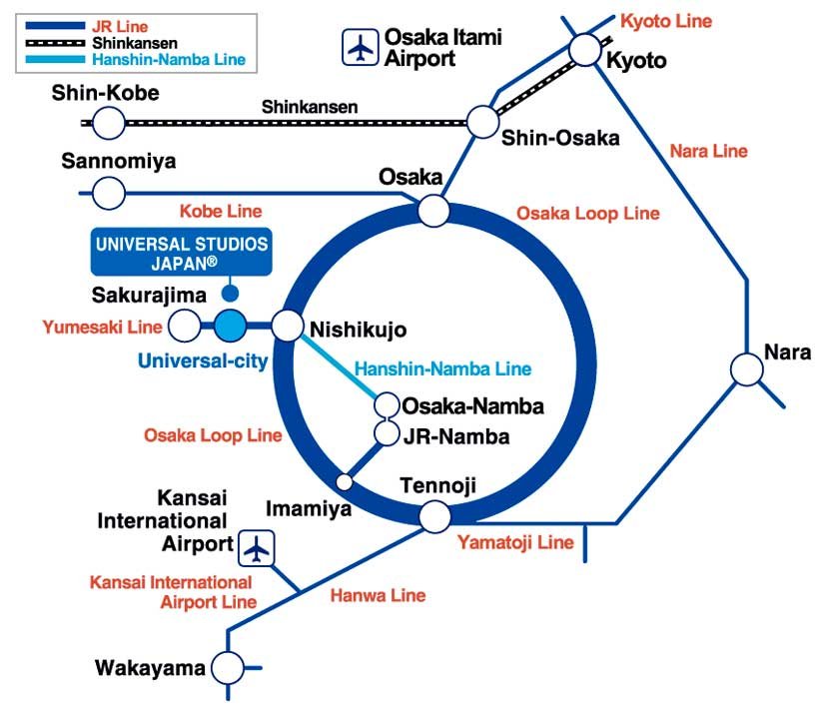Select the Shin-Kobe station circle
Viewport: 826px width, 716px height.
pyautogui.click(x=109, y=124)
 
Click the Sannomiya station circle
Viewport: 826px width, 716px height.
pyautogui.click(x=109, y=192)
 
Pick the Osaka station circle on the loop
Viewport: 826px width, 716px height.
pyautogui.click(x=433, y=210)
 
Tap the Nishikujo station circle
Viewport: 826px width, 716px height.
pyautogui.click(x=287, y=325)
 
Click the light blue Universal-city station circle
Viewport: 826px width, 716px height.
pyautogui.click(x=230, y=325)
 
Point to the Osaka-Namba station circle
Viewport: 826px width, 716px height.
pyautogui.click(x=387, y=406)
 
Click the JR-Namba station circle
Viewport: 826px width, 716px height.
pyautogui.click(x=387, y=433)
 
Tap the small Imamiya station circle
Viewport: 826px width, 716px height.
pyautogui.click(x=345, y=481)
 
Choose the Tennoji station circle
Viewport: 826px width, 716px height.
pyautogui.click(x=433, y=516)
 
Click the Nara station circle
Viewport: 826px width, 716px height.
pyautogui.click(x=747, y=369)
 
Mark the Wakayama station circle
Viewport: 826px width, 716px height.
pyautogui.click(x=228, y=667)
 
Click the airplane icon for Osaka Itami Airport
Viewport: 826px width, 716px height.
pyautogui.click(x=359, y=46)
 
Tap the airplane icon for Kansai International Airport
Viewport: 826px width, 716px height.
pyautogui.click(x=258, y=547)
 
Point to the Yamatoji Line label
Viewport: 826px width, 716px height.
pyautogui.click(x=515, y=543)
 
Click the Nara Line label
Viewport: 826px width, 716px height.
pyautogui.click(x=708, y=151)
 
